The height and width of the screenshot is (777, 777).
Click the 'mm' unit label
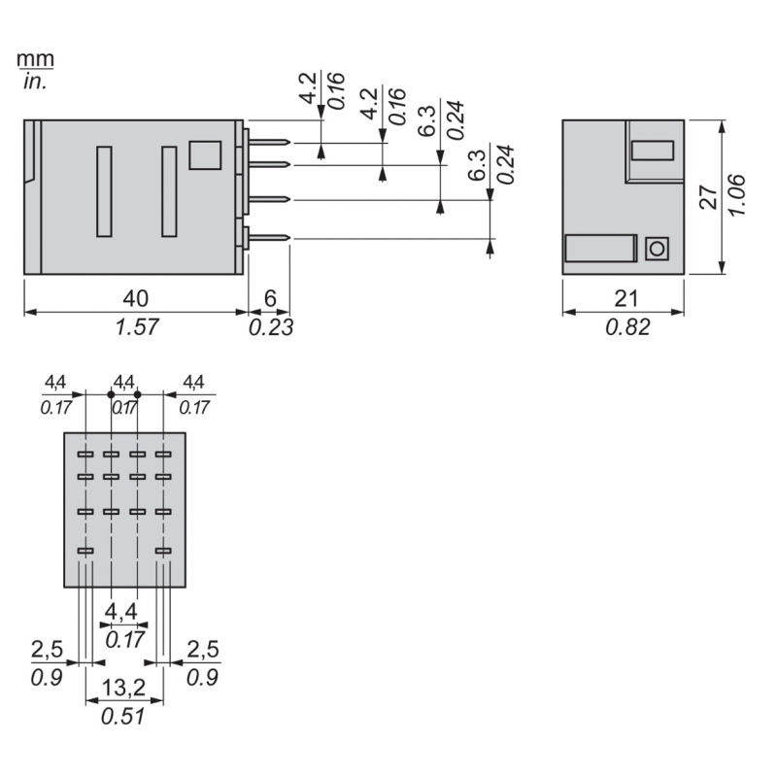pos(36,59)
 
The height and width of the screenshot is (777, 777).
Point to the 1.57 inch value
pos(136,327)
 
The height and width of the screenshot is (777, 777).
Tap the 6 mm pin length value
pos(269,297)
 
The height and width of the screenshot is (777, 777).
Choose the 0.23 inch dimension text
pos(271,327)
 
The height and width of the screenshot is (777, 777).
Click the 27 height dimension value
pos(710,197)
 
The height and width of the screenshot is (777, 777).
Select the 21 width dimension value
pos(624,297)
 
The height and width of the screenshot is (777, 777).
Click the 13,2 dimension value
pos(123,689)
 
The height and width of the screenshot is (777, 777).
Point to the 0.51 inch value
pos(123,718)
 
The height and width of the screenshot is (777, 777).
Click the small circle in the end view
pos(657,249)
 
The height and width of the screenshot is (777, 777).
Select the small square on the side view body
pos(204,155)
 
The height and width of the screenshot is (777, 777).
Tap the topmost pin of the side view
pos(270,144)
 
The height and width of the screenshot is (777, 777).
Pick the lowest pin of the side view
pos(270,238)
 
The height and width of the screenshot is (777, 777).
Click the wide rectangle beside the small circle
pos(600,249)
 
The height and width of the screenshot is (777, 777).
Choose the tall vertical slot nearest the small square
pos(169,190)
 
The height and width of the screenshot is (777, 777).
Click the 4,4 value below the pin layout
pos(123,612)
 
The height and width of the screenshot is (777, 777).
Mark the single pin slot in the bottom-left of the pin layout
pos(84,551)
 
